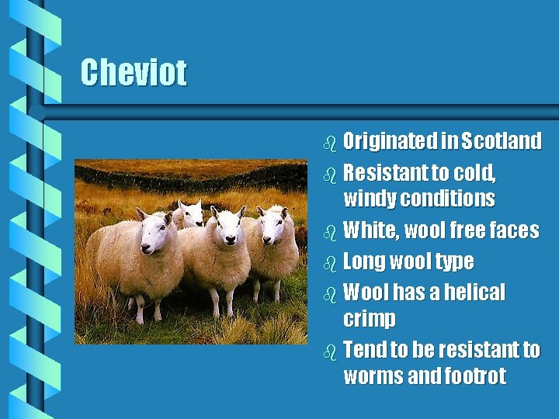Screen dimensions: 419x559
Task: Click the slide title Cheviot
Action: (134, 73)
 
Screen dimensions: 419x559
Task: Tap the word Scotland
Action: (501, 141)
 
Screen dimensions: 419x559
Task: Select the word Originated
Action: (390, 141)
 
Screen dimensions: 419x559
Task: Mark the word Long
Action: (364, 261)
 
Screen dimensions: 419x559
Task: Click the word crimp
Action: (369, 319)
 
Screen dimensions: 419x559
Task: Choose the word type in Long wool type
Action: (455, 262)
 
